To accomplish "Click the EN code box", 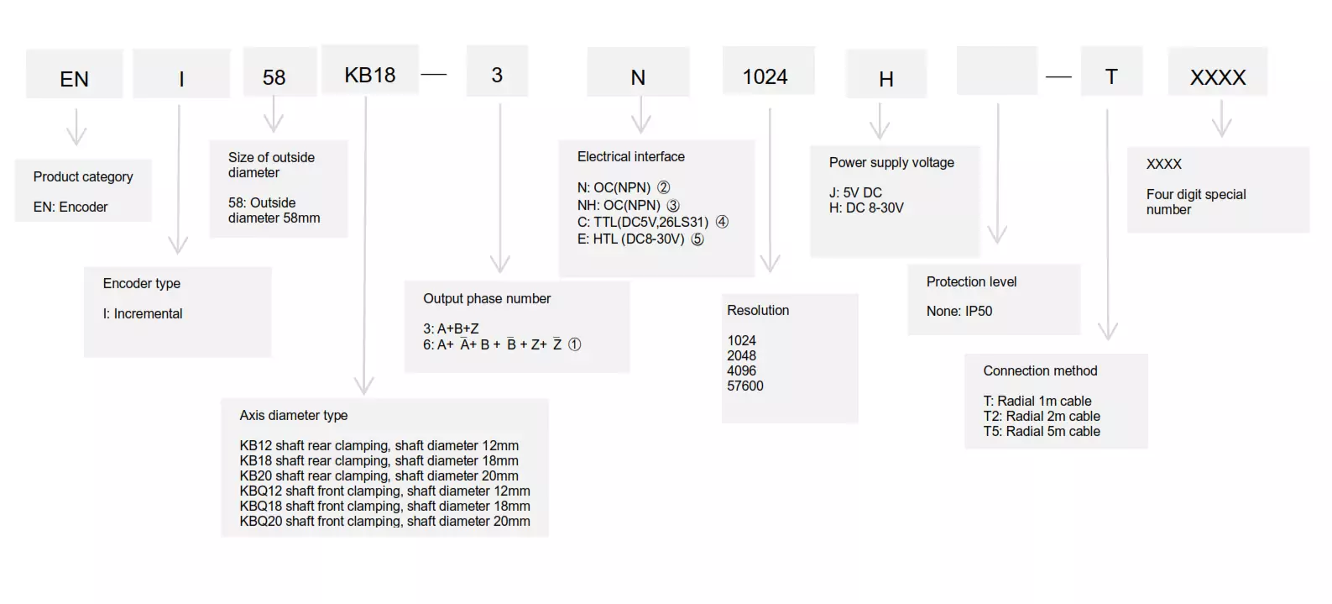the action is point(75,74).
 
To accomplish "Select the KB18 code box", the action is point(370,70).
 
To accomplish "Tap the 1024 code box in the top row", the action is point(768,71).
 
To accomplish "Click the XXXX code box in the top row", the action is point(1218,71).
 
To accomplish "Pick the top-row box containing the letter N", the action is point(638,72).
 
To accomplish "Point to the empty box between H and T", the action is point(997,71).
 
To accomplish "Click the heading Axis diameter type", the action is point(294,415).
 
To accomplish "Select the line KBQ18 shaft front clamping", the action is point(384,506).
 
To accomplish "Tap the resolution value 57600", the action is point(745,386).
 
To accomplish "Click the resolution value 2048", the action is point(741,355).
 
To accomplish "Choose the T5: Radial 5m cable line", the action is point(1042,431).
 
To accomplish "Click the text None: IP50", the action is point(959,311).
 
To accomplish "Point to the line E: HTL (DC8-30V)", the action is point(630,239).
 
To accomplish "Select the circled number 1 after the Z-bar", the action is point(574,344).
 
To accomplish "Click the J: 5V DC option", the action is point(856,193).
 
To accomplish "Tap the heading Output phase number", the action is point(487,299).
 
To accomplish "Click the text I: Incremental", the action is point(143,313).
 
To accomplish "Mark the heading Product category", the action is point(83,176).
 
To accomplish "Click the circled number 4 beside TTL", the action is point(722,222).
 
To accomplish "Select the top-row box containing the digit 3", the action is point(497,71).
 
